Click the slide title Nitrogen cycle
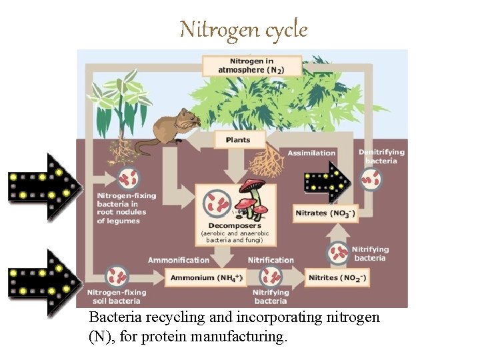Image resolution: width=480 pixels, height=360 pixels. click(243, 30)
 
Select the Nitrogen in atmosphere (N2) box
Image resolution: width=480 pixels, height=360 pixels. click(251, 65)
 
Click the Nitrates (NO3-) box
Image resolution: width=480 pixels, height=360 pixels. click(325, 213)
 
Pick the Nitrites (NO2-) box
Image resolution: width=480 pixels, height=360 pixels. click(337, 277)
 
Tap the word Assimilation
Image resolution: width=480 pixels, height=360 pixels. click(311, 153)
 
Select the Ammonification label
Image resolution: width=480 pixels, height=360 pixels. click(178, 260)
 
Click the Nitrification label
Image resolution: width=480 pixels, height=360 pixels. click(271, 260)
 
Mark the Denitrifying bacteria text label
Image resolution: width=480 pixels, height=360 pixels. click(381, 157)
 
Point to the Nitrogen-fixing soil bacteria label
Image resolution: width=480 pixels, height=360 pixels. click(117, 297)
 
